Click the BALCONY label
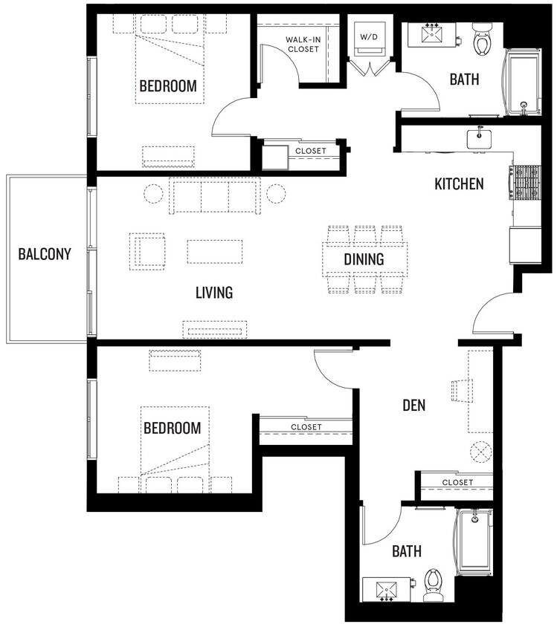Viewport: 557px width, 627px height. click(x=45, y=254)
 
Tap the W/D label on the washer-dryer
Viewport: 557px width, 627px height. click(x=369, y=36)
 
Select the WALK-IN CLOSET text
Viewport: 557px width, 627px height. click(x=302, y=44)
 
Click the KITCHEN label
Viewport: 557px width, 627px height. click(x=459, y=183)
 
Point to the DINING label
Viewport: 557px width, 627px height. click(x=364, y=259)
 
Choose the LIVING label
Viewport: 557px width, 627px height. click(x=214, y=293)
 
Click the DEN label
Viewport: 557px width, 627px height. click(x=413, y=405)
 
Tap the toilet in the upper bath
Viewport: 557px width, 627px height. click(x=481, y=41)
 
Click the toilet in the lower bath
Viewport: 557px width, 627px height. click(x=433, y=584)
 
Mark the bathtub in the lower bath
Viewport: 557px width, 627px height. click(x=474, y=542)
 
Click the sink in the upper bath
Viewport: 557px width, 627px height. click(x=431, y=34)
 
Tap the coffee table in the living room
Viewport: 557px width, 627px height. click(x=214, y=251)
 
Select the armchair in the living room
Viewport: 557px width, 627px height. click(x=147, y=250)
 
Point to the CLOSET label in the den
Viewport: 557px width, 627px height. click(x=457, y=482)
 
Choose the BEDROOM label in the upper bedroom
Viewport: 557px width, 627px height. click(x=169, y=86)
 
